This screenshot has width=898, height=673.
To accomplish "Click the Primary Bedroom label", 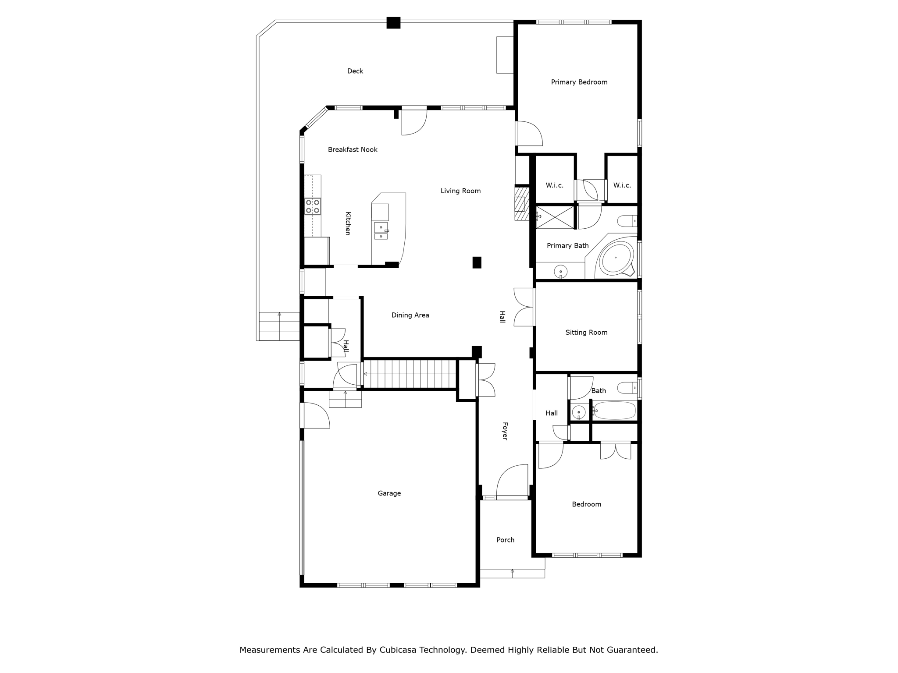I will point(579,82).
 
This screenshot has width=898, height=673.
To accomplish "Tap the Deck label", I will point(355,71).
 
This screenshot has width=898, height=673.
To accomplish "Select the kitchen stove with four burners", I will point(313,206).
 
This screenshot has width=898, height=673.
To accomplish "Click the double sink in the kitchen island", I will point(381,231).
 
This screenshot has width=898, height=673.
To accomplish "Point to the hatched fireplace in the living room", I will point(522,204).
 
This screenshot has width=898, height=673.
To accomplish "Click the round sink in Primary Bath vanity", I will point(561,272).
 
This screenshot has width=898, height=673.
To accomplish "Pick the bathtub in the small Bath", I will point(614,411).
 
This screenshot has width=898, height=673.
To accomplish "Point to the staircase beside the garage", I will point(410,374).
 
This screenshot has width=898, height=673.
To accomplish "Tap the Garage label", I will point(389,493).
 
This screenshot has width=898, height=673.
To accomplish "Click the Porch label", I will point(505,540).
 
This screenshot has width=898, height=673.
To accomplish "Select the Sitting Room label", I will point(586,333).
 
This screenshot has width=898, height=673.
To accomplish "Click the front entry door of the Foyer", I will point(512,497).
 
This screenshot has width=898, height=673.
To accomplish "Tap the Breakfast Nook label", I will point(353,149).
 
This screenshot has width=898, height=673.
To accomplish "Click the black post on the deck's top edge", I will point(393,23).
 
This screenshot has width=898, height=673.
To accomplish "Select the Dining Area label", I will point(410,315).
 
